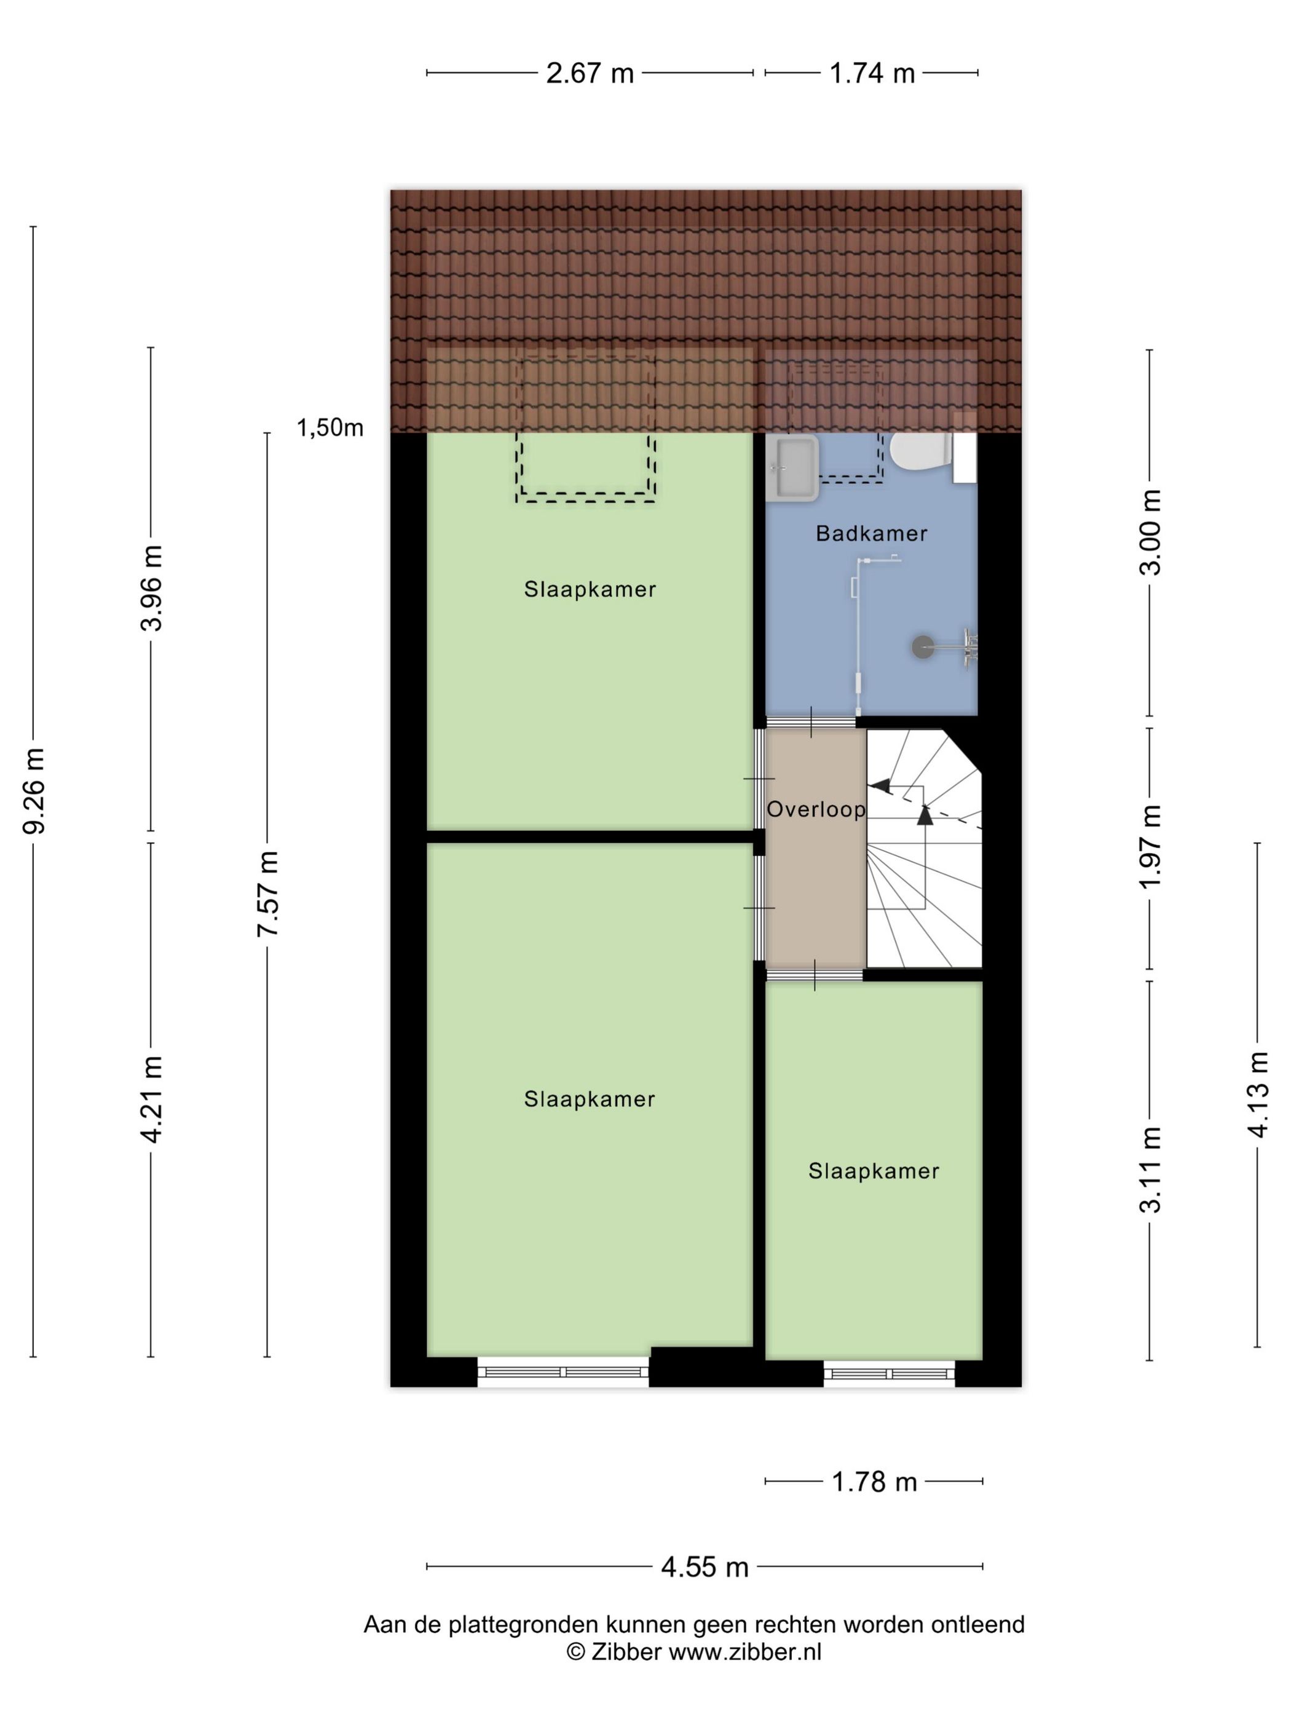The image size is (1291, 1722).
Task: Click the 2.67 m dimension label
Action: (x=590, y=73)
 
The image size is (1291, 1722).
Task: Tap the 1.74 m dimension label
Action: (x=872, y=73)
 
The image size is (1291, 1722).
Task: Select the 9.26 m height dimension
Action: (x=33, y=790)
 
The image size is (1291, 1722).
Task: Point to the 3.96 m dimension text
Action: (x=151, y=588)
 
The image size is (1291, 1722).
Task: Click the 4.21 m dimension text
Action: (x=151, y=1099)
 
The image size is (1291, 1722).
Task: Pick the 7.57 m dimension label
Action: (x=267, y=894)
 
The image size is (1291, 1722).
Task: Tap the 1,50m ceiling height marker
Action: (x=330, y=427)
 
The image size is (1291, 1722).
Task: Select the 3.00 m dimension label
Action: (x=1150, y=533)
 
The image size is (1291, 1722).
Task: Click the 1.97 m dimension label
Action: (x=1150, y=846)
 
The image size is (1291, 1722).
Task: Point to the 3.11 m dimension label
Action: (x=1150, y=1169)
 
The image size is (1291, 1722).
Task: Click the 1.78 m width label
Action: (x=875, y=1482)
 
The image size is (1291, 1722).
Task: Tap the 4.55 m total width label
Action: (x=705, y=1566)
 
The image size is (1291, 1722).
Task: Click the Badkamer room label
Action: (x=872, y=533)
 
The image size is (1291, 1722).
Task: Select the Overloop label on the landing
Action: (x=816, y=809)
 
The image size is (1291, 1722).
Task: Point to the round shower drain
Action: (x=923, y=646)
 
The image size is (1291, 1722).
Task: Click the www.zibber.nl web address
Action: (x=744, y=1651)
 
